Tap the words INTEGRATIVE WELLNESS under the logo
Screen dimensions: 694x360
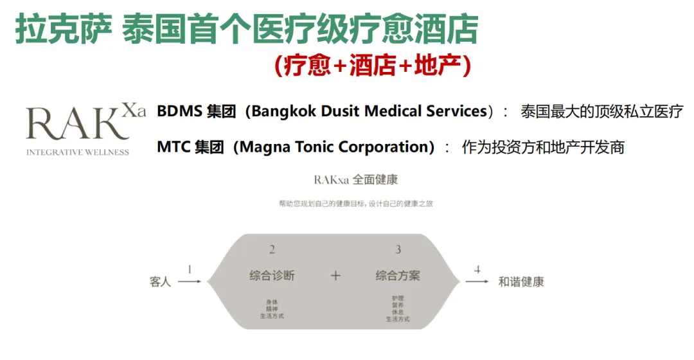(x=77, y=152)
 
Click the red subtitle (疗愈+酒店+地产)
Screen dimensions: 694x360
(x=373, y=66)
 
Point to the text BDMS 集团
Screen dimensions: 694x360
(x=190, y=111)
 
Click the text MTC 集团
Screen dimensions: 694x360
(x=190, y=147)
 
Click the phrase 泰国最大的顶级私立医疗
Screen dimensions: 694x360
(x=601, y=111)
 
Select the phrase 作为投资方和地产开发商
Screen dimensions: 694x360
(x=543, y=147)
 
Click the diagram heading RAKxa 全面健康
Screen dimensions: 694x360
(x=356, y=179)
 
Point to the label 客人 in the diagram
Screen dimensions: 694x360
(x=160, y=282)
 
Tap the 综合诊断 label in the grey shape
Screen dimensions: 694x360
(x=272, y=276)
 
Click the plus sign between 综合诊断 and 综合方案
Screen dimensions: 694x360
(x=335, y=276)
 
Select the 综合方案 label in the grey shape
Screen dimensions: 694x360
(x=398, y=276)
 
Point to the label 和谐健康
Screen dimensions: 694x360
(x=521, y=282)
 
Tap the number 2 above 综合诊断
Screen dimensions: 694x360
(x=272, y=249)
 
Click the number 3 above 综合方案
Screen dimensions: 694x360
(x=398, y=249)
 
